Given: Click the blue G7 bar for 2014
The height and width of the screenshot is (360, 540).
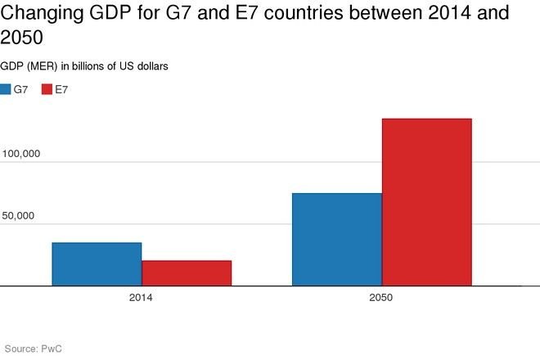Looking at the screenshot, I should (x=97, y=264).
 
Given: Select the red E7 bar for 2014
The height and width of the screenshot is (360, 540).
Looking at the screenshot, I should (x=187, y=273).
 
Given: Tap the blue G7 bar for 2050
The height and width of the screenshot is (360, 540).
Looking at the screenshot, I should (x=337, y=240).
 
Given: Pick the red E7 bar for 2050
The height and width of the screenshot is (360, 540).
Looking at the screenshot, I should (x=426, y=202).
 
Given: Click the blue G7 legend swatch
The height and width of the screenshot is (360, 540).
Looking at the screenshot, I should (x=6, y=88).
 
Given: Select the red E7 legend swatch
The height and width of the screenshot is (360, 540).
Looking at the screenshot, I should (x=47, y=88).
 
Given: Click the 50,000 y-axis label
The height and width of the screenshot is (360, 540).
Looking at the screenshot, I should (x=24, y=216).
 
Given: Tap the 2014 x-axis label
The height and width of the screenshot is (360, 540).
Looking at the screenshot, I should (x=141, y=298).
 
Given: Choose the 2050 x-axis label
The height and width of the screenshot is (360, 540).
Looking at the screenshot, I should (x=381, y=298).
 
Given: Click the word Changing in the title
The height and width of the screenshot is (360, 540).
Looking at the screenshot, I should (x=38, y=14).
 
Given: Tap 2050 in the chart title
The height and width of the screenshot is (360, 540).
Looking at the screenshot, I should (x=22, y=38).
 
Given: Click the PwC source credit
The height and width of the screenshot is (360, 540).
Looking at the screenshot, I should (x=52, y=349).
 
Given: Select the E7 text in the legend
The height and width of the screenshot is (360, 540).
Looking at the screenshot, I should (x=61, y=88).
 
